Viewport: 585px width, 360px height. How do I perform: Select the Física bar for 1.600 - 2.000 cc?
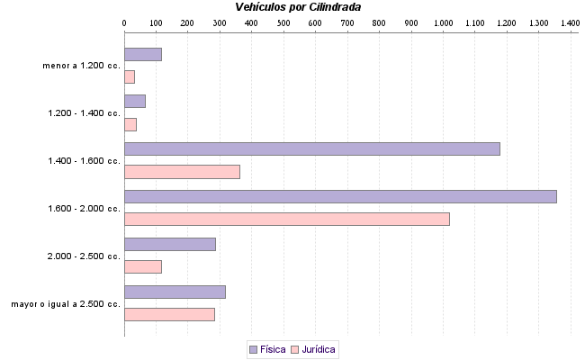pos(340,196)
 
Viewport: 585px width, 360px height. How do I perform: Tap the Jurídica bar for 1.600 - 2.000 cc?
pos(286,219)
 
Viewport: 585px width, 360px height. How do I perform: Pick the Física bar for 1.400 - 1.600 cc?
pos(311,148)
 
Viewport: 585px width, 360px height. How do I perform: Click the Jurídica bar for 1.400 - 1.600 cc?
pos(182,172)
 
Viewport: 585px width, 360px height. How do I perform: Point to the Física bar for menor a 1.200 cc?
pos(142,54)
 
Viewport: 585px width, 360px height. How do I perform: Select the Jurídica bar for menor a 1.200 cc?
pos(130,76)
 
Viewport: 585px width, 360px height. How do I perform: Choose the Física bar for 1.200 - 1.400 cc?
pos(135,101)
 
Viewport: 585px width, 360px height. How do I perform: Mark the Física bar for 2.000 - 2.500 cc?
pos(169,244)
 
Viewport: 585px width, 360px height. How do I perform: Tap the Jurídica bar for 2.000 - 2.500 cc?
pos(142,266)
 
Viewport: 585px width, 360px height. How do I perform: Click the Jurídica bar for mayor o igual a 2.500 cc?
pos(169,314)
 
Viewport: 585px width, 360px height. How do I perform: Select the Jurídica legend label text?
pos(319,348)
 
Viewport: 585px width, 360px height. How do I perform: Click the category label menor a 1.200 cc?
pos(81,66)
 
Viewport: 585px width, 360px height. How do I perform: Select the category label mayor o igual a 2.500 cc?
pos(66,304)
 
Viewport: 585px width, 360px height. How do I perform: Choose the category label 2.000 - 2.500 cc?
pos(84,256)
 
